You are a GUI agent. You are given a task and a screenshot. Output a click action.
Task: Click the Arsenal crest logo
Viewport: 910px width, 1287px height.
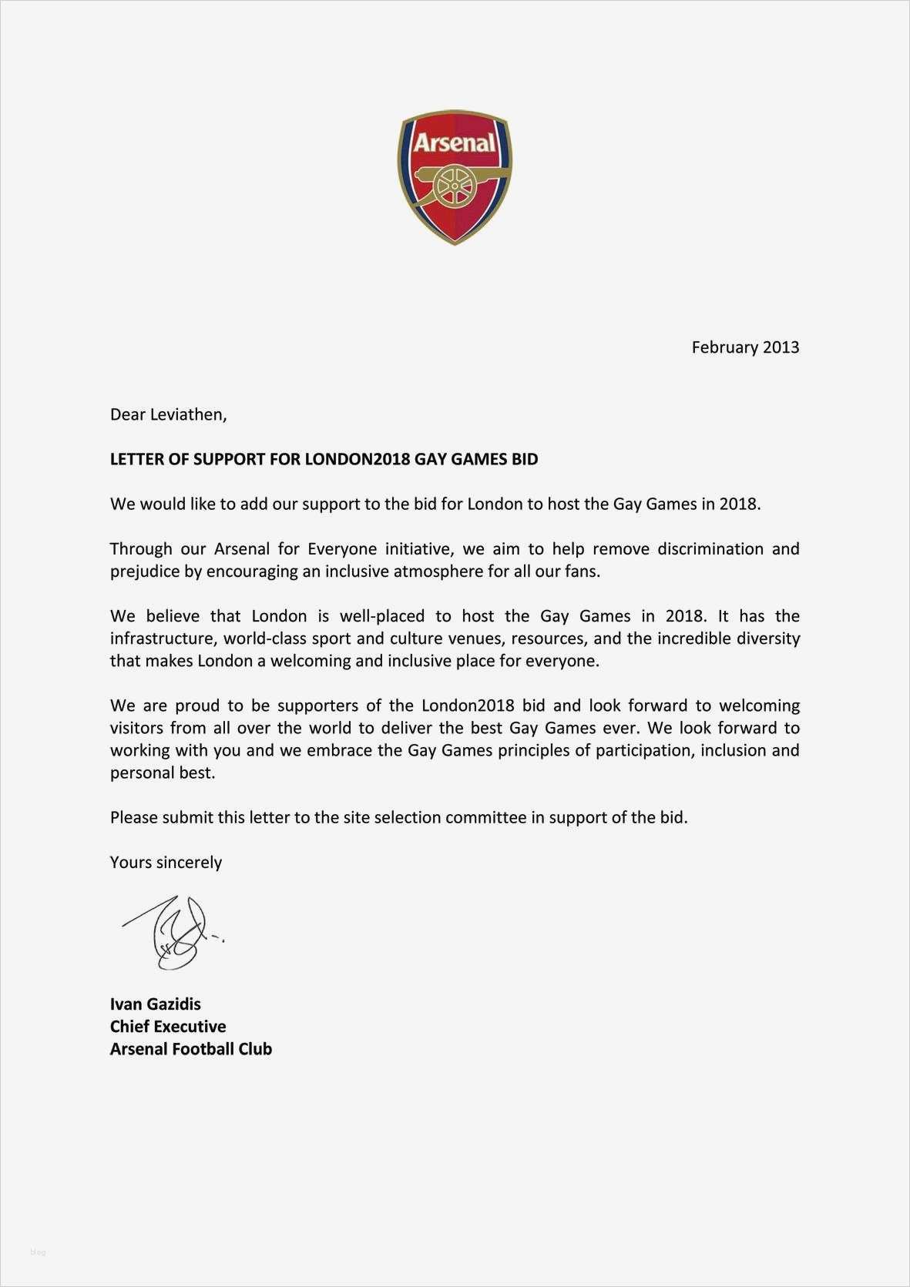pyautogui.click(x=455, y=177)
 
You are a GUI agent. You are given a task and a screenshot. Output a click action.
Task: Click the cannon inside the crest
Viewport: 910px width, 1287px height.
pyautogui.click(x=455, y=185)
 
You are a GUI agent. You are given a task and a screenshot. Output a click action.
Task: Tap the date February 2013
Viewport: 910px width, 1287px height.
pyautogui.click(x=745, y=347)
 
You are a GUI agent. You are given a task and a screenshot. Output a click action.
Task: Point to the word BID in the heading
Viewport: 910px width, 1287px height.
pyautogui.click(x=525, y=459)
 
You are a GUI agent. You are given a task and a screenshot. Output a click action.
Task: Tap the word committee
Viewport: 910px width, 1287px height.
pyautogui.click(x=485, y=817)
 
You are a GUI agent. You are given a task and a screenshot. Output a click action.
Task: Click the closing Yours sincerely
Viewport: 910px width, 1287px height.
pyautogui.click(x=166, y=862)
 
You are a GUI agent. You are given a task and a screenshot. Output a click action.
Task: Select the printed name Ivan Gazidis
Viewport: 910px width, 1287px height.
pyautogui.click(x=155, y=1004)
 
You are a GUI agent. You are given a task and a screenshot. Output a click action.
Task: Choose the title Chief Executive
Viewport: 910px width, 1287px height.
pyautogui.click(x=168, y=1026)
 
